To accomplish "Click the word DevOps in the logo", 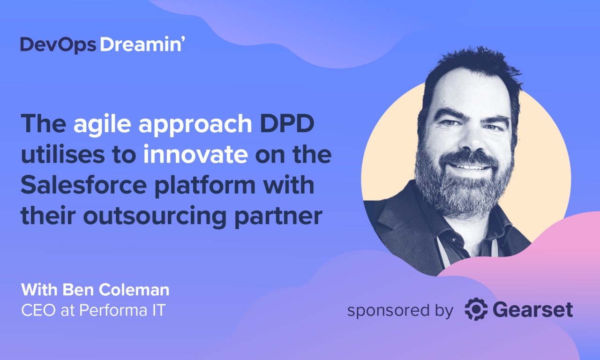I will tap(58, 45).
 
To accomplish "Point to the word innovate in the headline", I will tap(195, 155).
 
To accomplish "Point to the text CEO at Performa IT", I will tap(93, 310).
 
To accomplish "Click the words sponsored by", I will tap(400, 310).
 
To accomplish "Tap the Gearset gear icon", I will tap(476, 310).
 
